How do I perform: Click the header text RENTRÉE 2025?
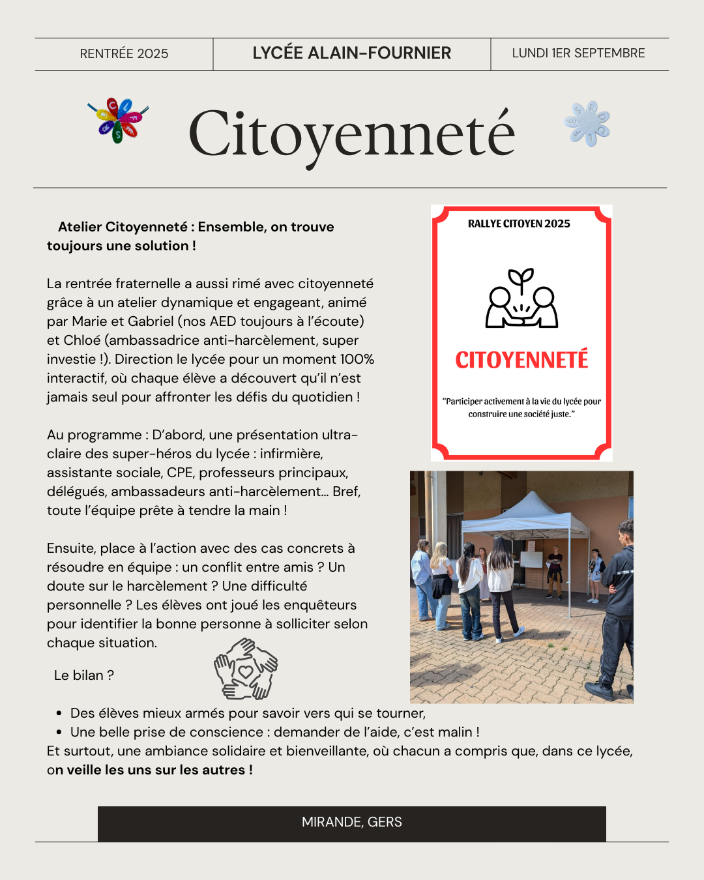pos(124,53)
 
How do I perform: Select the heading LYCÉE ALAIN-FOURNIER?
pos(351,53)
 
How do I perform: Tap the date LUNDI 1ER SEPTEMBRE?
pos(578,53)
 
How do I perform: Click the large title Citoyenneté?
pos(351,134)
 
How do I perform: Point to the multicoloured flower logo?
pos(118,120)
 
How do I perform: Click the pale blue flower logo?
pos(587,123)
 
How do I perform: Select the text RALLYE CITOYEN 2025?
pos(519,224)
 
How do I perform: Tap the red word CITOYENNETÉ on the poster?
pos(521,360)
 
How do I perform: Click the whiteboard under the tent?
pos(531,559)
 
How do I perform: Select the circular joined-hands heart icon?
pos(246,669)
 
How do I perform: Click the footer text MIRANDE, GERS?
pos(351,822)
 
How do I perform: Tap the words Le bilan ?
pos(83,675)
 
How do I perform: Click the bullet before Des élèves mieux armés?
pos(59,714)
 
